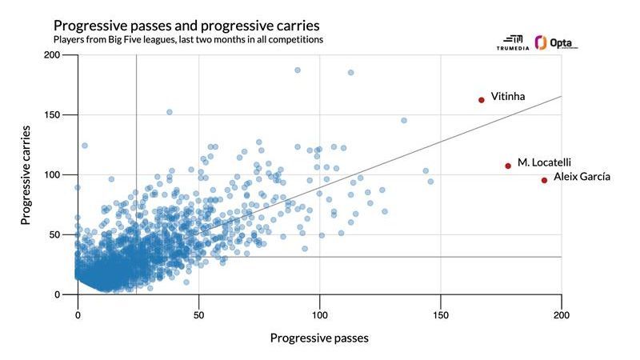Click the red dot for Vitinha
pyautogui.click(x=482, y=100)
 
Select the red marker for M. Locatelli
pyautogui.click(x=508, y=166)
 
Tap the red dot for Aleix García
pyautogui.click(x=544, y=180)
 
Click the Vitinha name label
pyautogui.click(x=508, y=97)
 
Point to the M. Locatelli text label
pyautogui.click(x=544, y=162)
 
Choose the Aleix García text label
pyautogui.click(x=582, y=177)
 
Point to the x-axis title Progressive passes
pyautogui.click(x=319, y=338)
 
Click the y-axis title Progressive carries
pyautogui.click(x=26, y=174)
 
